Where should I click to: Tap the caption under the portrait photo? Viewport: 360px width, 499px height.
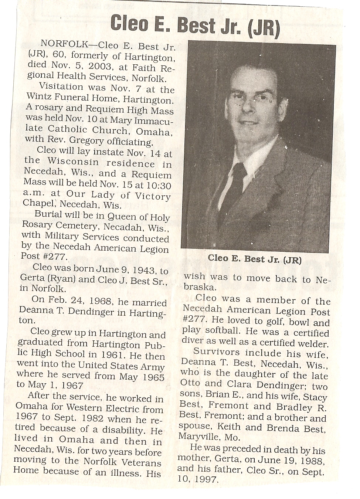pos(255,259)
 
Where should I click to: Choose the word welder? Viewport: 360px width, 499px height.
pos(312,343)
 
